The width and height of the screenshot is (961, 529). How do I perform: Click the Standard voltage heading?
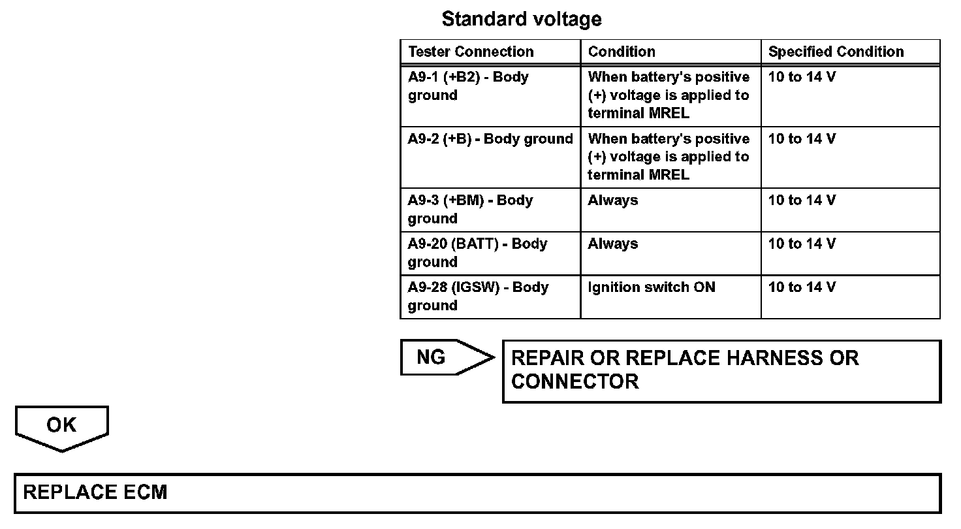(x=521, y=20)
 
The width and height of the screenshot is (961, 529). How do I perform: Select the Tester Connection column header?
(x=471, y=52)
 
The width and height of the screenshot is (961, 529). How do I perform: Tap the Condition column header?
(x=621, y=52)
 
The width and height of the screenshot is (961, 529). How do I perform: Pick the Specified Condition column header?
(x=836, y=52)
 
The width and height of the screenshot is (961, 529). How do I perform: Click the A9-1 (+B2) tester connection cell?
(x=468, y=86)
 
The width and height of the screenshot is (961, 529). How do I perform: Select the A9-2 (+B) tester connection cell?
(x=490, y=139)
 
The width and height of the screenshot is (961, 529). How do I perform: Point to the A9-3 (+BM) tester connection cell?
(x=470, y=209)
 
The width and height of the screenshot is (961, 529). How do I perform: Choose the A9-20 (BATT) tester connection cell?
(x=477, y=253)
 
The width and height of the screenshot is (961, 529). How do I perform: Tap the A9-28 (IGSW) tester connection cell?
(x=478, y=296)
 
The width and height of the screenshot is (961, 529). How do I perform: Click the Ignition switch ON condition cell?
(x=651, y=287)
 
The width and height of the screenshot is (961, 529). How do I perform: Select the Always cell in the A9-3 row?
(x=612, y=200)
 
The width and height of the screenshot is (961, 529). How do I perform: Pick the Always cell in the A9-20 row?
(x=612, y=244)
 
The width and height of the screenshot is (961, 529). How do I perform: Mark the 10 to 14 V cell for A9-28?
(x=802, y=287)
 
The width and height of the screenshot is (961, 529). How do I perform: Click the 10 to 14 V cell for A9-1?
(x=802, y=77)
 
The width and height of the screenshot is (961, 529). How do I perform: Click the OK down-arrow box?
(x=61, y=426)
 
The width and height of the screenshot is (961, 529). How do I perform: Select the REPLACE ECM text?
(x=95, y=492)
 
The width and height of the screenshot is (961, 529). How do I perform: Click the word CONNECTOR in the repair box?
(x=575, y=381)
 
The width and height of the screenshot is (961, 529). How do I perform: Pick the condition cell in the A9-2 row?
(x=669, y=157)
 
